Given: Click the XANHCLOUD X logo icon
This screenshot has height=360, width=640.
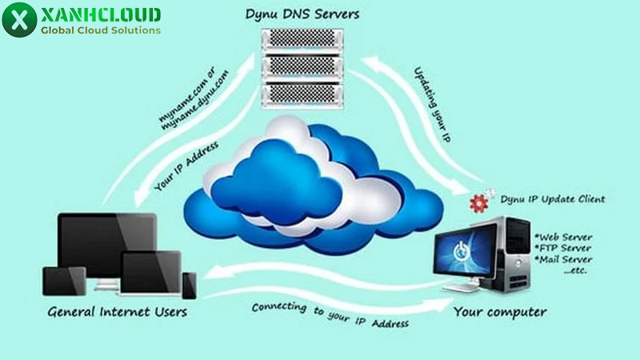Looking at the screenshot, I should pos(19,20).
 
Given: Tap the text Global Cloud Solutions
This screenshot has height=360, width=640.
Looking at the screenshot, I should pos(101,30).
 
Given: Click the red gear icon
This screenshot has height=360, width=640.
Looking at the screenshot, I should pos(478,201).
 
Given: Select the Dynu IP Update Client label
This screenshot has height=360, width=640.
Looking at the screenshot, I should pos(552,198).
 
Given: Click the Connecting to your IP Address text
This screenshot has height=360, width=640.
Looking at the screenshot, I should pos(330,316).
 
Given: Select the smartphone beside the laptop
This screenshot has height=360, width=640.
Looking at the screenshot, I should pos(189,284).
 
